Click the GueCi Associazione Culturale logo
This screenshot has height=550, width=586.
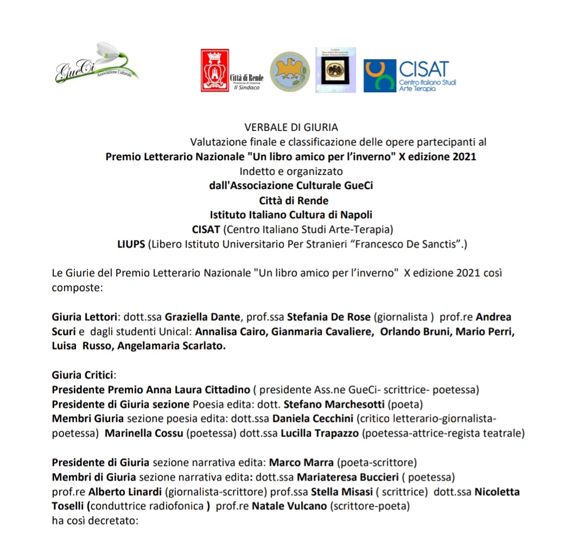pos(96,64)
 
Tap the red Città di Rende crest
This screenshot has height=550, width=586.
pos(215,70)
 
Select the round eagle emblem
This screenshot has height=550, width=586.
pos(290,71)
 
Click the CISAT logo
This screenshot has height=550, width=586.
pos(410,75)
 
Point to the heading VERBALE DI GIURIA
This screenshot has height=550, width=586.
pos(291,128)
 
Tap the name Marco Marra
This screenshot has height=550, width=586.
pos(302,463)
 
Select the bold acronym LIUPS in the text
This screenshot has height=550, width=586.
pos(132,244)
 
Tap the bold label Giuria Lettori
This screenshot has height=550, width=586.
pos(86,317)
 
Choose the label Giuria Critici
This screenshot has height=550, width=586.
pos(84,375)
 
